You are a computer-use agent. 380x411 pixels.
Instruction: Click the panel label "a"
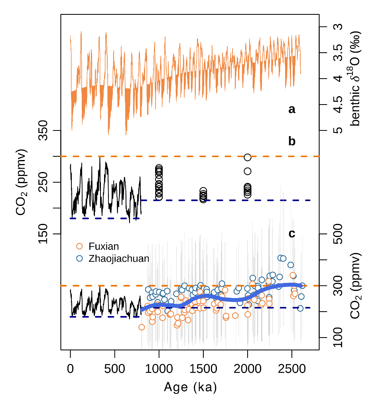[292, 109]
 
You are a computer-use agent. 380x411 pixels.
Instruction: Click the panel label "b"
[292, 141]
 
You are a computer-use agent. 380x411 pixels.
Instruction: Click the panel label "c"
[292, 233]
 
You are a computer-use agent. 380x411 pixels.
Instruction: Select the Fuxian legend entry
[104, 247]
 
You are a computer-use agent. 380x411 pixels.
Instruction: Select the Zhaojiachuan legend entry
[119, 259]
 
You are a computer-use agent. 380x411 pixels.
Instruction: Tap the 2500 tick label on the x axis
[292, 367]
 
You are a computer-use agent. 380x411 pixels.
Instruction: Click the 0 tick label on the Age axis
[71, 367]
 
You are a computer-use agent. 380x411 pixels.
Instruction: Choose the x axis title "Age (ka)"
[190, 387]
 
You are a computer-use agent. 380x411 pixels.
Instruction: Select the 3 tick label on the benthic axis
[337, 27]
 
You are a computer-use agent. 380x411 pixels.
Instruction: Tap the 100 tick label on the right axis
[337, 338]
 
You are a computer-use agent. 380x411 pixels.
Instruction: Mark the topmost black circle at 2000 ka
[248, 157]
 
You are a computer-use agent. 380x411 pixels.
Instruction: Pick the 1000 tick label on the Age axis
[159, 367]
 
